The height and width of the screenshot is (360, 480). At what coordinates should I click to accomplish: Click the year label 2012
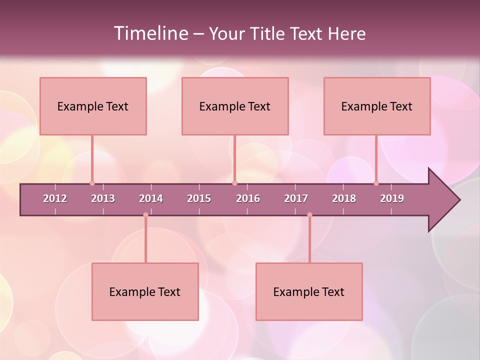55,198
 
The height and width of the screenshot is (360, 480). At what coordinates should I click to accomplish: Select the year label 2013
103,198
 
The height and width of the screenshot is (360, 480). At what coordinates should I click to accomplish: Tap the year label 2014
151,198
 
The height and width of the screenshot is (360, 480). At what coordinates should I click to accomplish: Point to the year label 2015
199,198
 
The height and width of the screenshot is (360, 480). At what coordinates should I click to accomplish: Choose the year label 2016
248,198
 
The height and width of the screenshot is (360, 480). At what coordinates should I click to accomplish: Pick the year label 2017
296,198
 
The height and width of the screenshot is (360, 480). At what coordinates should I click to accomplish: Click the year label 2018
344,198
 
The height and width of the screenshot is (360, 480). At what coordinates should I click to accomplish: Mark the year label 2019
392,198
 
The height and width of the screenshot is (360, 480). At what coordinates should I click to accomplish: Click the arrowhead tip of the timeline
458,200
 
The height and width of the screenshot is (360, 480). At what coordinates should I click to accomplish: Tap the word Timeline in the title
150,33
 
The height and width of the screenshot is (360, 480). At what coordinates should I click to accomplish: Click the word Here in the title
346,33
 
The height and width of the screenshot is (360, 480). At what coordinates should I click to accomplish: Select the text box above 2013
93,106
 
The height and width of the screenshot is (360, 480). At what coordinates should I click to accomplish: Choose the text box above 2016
235,106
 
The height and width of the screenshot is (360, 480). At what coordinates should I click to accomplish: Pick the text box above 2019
377,106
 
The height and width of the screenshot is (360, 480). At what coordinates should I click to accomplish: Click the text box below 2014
145,291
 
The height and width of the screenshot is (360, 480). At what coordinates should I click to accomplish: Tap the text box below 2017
309,291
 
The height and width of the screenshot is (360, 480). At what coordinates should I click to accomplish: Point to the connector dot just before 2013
92,183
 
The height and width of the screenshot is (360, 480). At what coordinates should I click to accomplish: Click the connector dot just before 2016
234,183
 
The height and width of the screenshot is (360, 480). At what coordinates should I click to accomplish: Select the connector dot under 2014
145,215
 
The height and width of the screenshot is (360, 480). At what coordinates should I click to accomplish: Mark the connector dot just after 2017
309,215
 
